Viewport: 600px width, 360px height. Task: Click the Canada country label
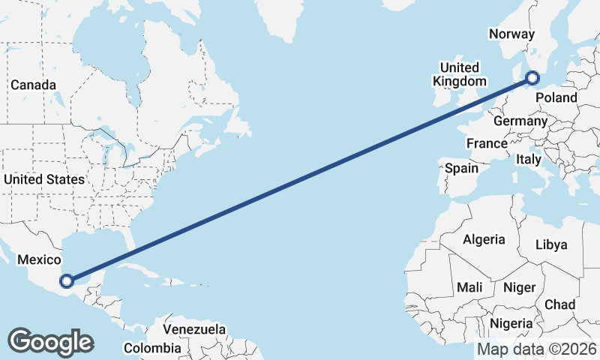31,85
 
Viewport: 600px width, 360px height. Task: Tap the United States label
43,179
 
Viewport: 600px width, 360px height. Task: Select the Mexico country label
38,259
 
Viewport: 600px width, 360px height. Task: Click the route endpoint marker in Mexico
67,281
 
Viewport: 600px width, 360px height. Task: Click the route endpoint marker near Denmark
532,77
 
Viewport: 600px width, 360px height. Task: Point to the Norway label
511,34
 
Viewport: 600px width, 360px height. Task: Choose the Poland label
556,97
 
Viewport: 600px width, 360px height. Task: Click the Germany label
520,121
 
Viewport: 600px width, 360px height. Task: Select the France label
487,143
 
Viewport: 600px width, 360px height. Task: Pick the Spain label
461,168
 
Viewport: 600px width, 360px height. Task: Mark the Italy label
529,159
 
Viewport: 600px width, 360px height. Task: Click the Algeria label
484,240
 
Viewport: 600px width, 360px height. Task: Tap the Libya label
551,244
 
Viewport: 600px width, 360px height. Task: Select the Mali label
469,287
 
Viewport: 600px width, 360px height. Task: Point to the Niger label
518,287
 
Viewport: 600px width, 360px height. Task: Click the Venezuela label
194,329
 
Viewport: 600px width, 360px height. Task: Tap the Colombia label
152,348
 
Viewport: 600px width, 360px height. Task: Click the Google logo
50,342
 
